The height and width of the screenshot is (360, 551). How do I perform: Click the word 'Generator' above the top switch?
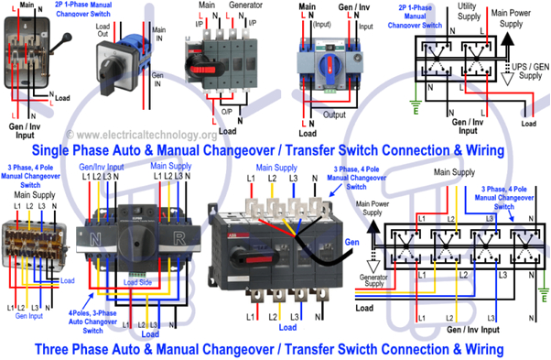coord(254,7)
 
